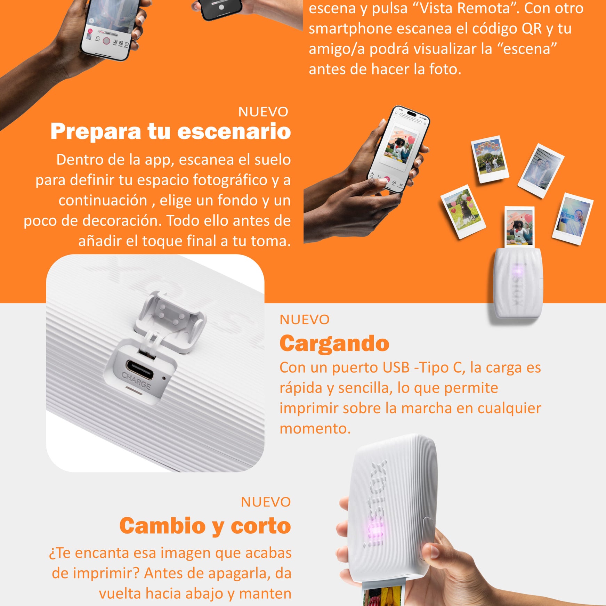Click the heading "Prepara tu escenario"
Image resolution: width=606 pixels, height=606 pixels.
point(170,131)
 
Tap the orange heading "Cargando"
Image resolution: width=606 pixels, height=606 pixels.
point(334,344)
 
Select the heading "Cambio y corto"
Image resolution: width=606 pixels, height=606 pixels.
point(205,525)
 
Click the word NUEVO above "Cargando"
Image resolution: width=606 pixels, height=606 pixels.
point(305,320)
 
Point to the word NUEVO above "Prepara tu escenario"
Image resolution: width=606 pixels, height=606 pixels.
point(263,112)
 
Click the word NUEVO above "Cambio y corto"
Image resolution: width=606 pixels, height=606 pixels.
point(266,502)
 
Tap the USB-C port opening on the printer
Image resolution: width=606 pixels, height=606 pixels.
point(139,370)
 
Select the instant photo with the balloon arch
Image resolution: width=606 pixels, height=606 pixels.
point(490,159)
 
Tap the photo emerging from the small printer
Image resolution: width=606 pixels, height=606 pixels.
point(519,227)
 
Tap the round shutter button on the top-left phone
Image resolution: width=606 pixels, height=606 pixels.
point(106,41)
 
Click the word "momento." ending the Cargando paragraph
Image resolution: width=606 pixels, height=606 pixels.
point(315,428)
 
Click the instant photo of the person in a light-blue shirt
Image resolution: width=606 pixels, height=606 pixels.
point(572,219)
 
